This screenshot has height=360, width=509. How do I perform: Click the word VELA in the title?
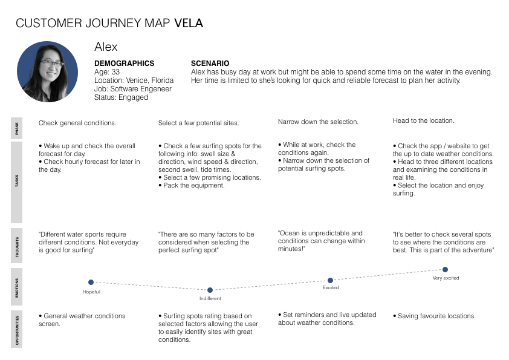click(188, 24)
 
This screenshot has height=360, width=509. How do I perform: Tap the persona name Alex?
click(106, 47)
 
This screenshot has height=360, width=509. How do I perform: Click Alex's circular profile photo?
click(47, 71)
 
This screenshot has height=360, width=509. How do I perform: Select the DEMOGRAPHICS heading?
click(124, 64)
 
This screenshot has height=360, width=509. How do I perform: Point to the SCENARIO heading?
click(210, 64)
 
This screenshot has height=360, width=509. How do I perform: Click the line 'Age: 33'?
click(107, 72)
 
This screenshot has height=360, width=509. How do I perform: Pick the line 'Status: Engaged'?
click(121, 97)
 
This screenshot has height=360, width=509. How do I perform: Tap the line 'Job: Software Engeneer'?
click(133, 89)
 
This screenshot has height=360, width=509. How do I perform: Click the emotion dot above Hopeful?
click(91, 282)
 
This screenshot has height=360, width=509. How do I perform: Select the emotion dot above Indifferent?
click(210, 290)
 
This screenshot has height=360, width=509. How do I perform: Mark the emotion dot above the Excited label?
click(330, 280)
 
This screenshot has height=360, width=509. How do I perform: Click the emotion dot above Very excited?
click(445, 269)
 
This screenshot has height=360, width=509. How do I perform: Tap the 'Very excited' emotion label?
click(446, 278)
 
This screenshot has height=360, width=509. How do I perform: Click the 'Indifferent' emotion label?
click(210, 299)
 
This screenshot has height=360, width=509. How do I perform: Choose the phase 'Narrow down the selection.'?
click(318, 122)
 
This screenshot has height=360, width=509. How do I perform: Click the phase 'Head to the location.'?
click(423, 121)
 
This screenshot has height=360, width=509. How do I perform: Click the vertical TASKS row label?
click(16, 182)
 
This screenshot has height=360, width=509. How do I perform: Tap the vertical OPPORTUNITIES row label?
click(16, 330)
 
